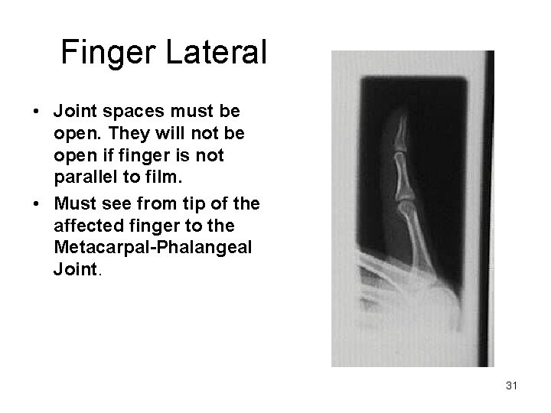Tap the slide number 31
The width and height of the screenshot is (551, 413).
512,386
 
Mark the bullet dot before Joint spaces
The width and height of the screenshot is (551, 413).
37,111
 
